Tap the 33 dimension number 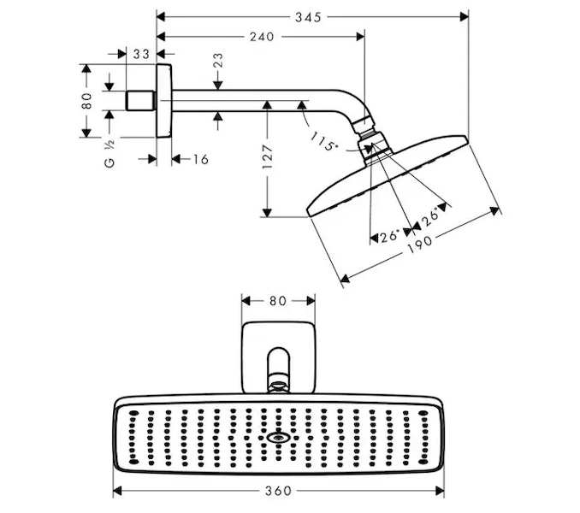[x=141, y=54]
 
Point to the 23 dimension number [x=218, y=61]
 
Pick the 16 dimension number [x=199, y=159]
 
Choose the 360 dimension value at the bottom [x=277, y=492]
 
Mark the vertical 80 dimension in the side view [x=86, y=100]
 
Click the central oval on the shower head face [x=278, y=439]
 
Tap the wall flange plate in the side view [x=163, y=100]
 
